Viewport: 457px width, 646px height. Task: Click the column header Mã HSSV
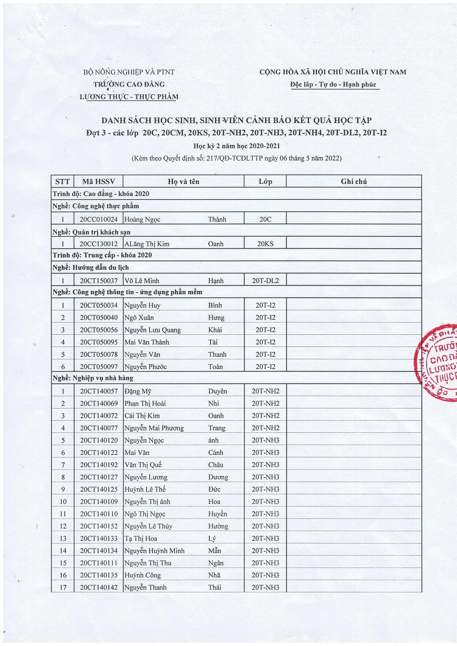pyautogui.click(x=97, y=181)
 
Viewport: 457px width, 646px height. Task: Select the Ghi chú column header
pyautogui.click(x=353, y=181)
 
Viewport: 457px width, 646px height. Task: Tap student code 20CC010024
pyautogui.click(x=97, y=219)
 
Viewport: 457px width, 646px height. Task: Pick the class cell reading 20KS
pyautogui.click(x=265, y=244)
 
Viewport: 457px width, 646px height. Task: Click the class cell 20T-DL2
pyautogui.click(x=265, y=281)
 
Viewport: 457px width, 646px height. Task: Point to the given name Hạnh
pyautogui.click(x=216, y=281)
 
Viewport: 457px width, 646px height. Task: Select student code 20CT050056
pyautogui.click(x=97, y=329)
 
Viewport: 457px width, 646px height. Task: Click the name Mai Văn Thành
pyautogui.click(x=146, y=342)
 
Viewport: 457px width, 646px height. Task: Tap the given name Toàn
pyautogui.click(x=216, y=367)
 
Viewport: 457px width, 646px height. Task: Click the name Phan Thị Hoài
pyautogui.click(x=146, y=403)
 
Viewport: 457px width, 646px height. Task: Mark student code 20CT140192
pyautogui.click(x=97, y=465)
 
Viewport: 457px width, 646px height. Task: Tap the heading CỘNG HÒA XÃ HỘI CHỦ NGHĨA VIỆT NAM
pyautogui.click(x=333, y=72)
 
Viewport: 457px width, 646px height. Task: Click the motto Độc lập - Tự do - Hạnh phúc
pyautogui.click(x=333, y=85)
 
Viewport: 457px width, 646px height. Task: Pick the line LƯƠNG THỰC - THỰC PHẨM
pyautogui.click(x=129, y=97)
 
